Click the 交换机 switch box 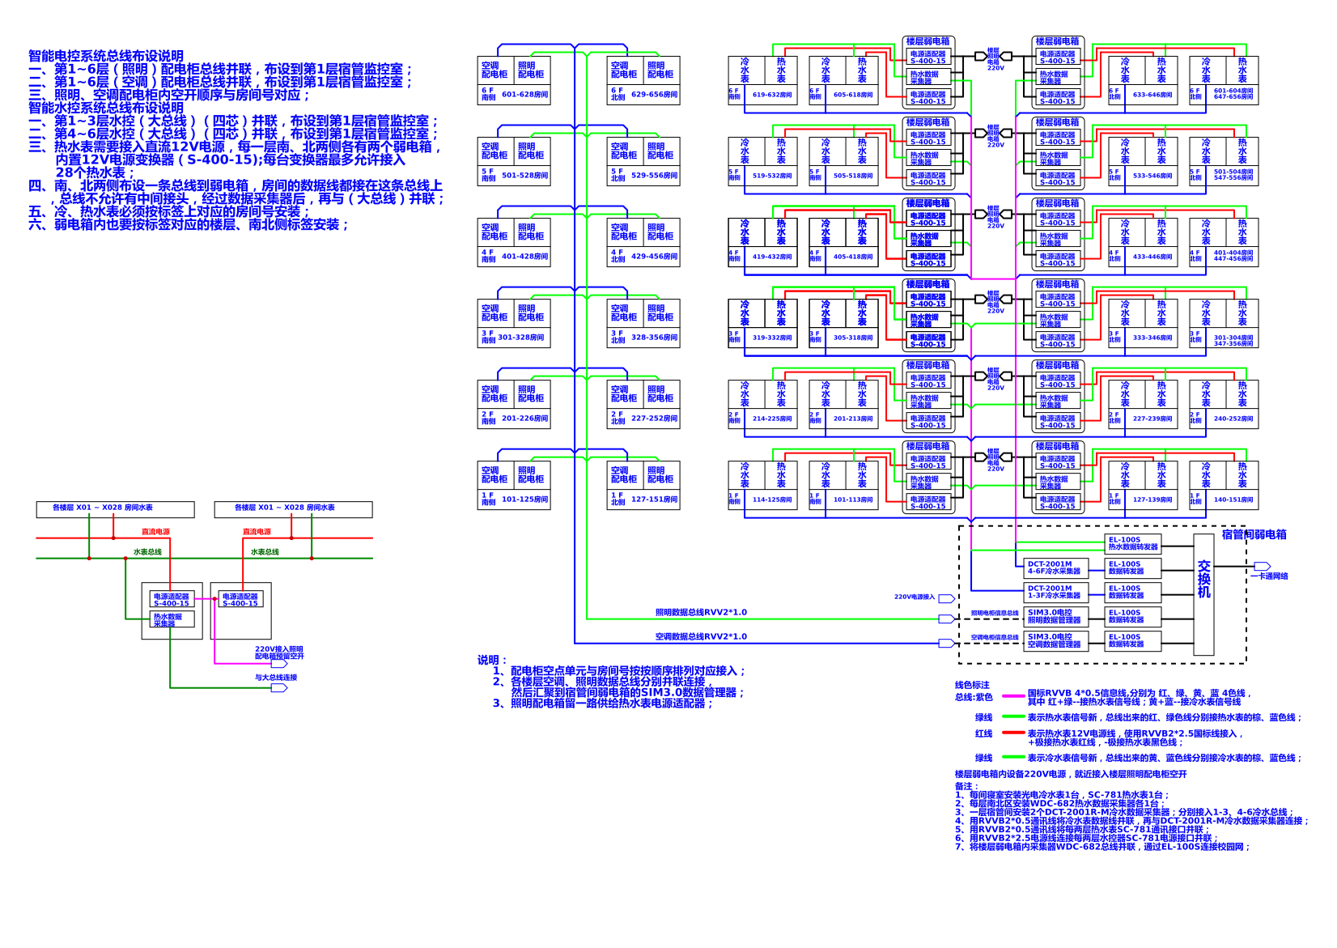point(1203,594)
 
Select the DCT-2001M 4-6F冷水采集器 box point(1055,568)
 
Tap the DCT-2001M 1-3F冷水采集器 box point(1055,592)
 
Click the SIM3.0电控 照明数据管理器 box point(1055,616)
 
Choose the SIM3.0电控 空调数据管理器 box point(1055,640)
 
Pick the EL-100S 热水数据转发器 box point(1132,543)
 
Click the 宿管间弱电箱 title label point(1254,534)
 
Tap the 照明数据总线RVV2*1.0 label point(701,612)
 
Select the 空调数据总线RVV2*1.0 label point(701,636)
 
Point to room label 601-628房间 point(524,95)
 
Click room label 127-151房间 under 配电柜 point(654,500)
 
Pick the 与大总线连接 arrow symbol point(279,687)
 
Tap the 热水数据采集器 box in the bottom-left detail point(168,620)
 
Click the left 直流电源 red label point(155,532)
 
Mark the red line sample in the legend point(1013,733)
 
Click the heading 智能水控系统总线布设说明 point(106,108)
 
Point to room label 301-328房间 point(521,338)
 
